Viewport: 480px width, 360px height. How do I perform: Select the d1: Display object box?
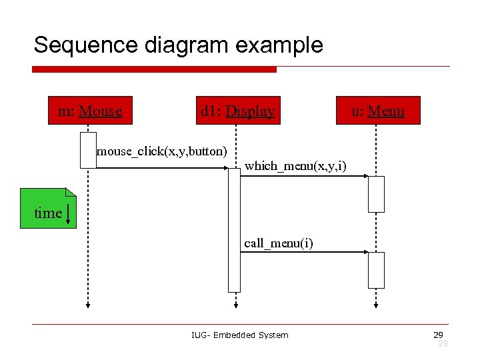(x=237, y=111)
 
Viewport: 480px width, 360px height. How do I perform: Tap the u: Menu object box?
(x=378, y=111)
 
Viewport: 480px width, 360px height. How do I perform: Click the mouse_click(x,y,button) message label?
(x=162, y=151)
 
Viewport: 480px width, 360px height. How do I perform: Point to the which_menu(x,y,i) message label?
(x=295, y=165)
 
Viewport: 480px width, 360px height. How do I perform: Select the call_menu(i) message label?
(x=278, y=243)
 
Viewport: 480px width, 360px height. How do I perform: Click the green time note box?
(x=48, y=208)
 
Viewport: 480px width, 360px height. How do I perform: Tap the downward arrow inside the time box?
(x=69, y=214)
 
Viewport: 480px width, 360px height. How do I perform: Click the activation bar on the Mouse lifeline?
(x=88, y=150)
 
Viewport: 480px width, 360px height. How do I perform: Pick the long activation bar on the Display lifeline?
(x=234, y=230)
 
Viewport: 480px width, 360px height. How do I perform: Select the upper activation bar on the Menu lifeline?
(x=377, y=194)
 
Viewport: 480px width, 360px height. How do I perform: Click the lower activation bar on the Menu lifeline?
(x=377, y=270)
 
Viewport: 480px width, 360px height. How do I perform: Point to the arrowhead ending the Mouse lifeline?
(x=87, y=305)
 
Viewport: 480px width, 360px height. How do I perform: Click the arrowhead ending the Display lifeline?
(x=235, y=305)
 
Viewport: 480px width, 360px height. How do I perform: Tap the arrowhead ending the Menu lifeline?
(x=377, y=305)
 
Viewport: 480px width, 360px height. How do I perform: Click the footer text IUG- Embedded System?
(x=239, y=335)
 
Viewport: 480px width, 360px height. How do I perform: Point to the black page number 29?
(x=438, y=334)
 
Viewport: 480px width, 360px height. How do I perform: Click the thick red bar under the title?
(x=154, y=69)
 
